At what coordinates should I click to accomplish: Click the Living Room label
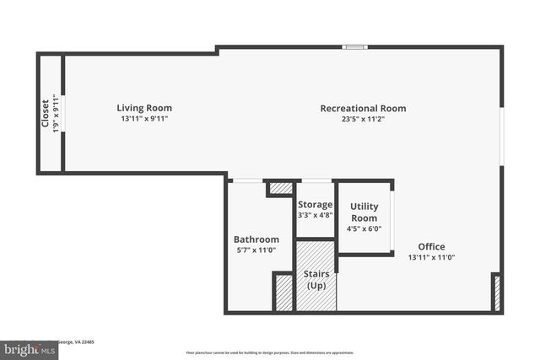pyautogui.click(x=144, y=108)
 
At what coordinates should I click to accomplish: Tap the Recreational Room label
pyautogui.click(x=363, y=108)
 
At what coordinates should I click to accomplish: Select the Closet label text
pyautogui.click(x=46, y=114)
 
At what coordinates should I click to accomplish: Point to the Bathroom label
pyautogui.click(x=256, y=239)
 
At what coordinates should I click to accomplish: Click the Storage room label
pyautogui.click(x=315, y=204)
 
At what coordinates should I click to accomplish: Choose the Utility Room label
pyautogui.click(x=364, y=212)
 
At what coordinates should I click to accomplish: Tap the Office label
pyautogui.click(x=431, y=247)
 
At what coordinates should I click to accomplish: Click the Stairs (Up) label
pyautogui.click(x=316, y=280)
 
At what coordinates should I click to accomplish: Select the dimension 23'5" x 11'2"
pyautogui.click(x=363, y=119)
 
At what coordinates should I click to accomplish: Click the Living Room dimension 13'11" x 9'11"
pyautogui.click(x=144, y=119)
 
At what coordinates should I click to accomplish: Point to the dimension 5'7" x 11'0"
pyautogui.click(x=256, y=250)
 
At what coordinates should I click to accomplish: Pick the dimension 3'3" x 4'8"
pyautogui.click(x=315, y=215)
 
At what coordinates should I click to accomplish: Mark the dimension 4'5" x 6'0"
pyautogui.click(x=364, y=228)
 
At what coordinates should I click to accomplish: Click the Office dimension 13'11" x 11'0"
pyautogui.click(x=431, y=257)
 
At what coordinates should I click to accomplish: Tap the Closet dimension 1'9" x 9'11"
pyautogui.click(x=57, y=114)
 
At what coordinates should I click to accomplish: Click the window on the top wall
pyautogui.click(x=354, y=46)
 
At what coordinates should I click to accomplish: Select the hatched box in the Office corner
pyautogui.click(x=496, y=293)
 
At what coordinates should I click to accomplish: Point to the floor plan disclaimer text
pyautogui.click(x=270, y=352)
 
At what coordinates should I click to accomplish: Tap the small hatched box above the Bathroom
pyautogui.click(x=281, y=188)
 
